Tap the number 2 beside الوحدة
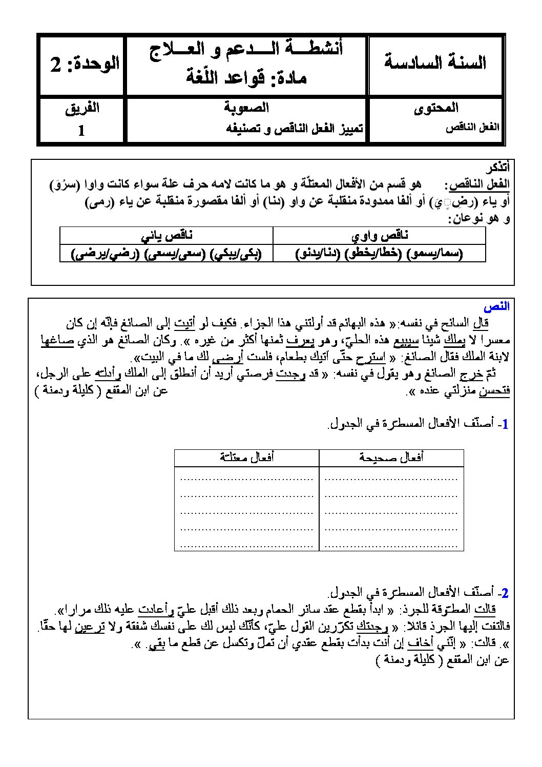click(56, 65)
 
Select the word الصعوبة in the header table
click(246, 108)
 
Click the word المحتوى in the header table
click(436, 108)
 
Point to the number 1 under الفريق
click(81, 131)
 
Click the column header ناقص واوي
click(380, 236)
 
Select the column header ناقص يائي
click(167, 236)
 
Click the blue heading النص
click(496, 307)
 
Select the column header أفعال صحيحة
click(391, 458)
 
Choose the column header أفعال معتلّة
click(246, 458)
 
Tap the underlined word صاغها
click(57, 340)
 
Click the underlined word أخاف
click(424, 644)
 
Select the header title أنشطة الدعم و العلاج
click(246, 50)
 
